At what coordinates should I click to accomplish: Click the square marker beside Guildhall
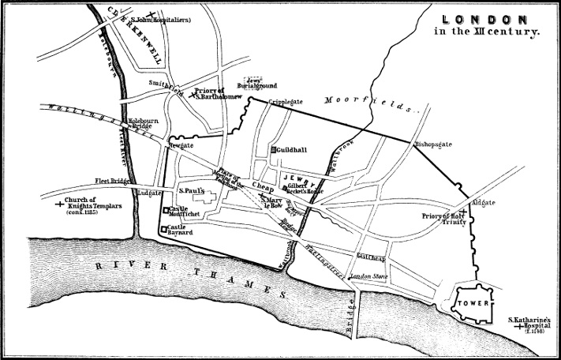[273, 149]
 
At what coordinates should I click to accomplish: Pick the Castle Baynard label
[181, 229]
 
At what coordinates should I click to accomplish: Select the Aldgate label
[484, 203]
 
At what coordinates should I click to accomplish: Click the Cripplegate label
[286, 102]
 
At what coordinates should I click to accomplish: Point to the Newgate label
[180, 146]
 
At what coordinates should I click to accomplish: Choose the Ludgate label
[149, 192]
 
